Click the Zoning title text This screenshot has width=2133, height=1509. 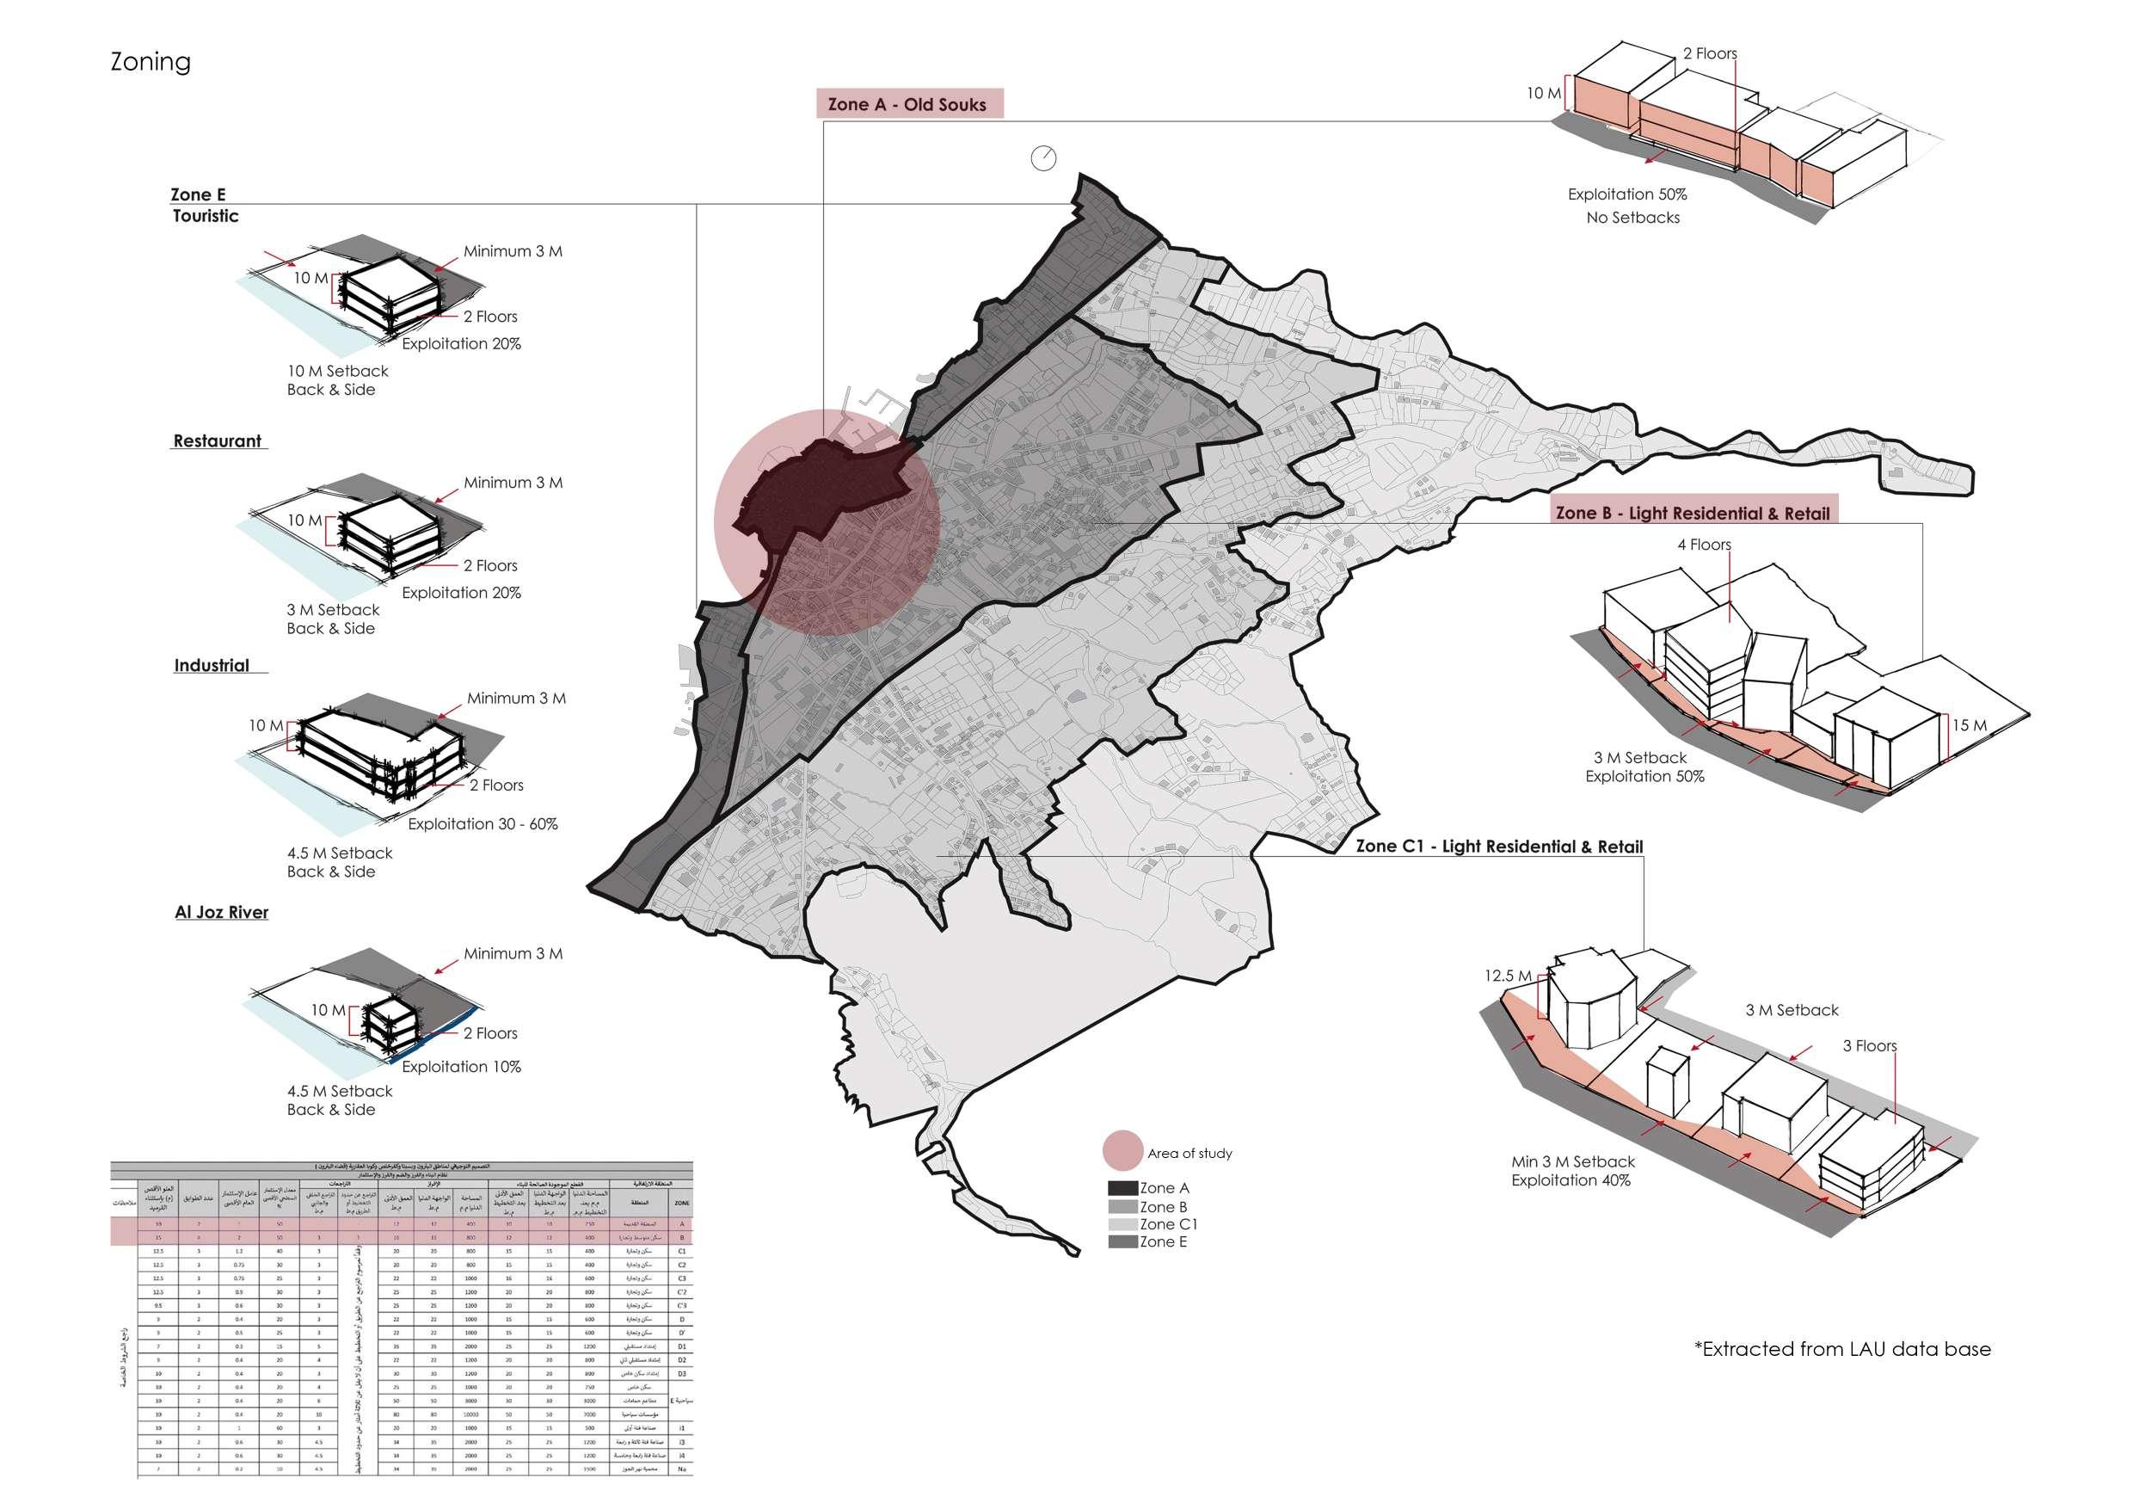(x=151, y=62)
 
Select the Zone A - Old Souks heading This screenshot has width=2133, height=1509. (x=907, y=104)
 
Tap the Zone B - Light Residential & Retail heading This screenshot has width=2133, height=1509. (x=1693, y=513)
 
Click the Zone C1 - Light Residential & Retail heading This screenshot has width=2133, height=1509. (x=1499, y=847)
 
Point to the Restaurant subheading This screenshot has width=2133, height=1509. (x=218, y=441)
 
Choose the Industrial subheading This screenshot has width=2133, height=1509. (x=212, y=665)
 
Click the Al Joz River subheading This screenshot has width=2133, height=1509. (x=221, y=913)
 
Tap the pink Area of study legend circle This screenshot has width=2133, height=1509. (x=1122, y=1150)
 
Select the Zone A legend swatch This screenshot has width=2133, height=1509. (x=1122, y=1187)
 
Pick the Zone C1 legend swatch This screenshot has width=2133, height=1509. (x=1122, y=1225)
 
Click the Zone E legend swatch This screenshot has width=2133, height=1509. (x=1122, y=1242)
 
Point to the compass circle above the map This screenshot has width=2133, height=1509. (x=1043, y=158)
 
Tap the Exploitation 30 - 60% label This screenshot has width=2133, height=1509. (x=483, y=824)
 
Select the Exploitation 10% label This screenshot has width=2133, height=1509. (x=462, y=1067)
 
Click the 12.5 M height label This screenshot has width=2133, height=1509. (x=1507, y=976)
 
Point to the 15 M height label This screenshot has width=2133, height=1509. (x=1969, y=726)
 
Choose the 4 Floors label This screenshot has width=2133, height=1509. (x=1704, y=545)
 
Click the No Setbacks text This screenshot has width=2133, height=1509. (x=1633, y=218)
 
